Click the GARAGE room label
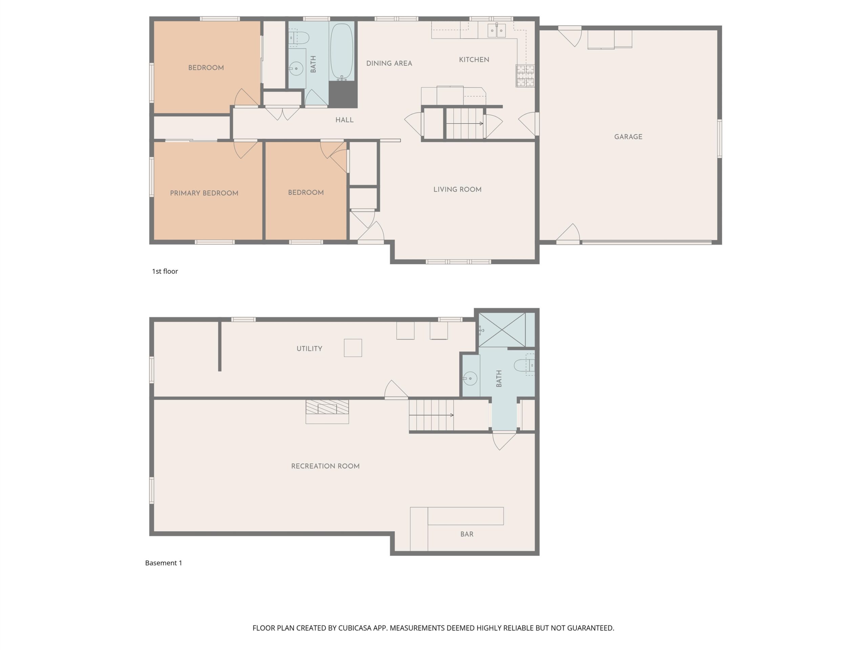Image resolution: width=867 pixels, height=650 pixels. click(628, 137)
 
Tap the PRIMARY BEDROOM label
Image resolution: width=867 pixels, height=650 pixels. click(204, 193)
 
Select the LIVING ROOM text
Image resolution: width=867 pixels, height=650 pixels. click(458, 190)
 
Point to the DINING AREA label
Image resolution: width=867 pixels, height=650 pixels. click(389, 63)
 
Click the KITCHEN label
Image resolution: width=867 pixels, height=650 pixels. click(474, 60)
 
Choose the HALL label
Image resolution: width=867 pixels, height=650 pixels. click(344, 120)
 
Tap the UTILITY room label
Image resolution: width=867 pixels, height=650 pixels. click(309, 349)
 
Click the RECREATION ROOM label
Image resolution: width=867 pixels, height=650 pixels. click(325, 466)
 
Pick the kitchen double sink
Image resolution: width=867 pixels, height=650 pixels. click(496, 30)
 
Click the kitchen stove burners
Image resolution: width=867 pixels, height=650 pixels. click(525, 75)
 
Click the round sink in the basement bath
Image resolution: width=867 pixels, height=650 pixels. click(470, 378)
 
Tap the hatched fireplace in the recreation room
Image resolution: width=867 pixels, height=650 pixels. click(327, 407)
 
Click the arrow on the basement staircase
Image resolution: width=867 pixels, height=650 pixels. click(431, 415)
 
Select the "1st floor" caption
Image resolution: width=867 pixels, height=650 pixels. click(165, 272)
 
